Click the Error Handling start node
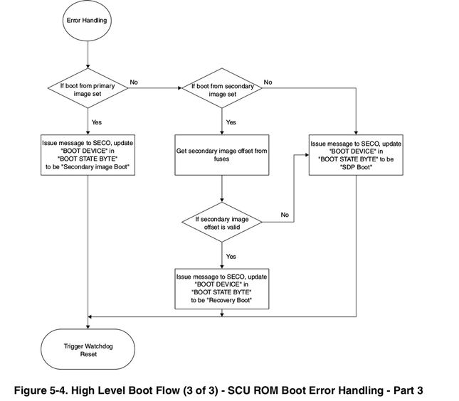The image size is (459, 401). (88, 21)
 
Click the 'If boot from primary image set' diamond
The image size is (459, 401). (88, 88)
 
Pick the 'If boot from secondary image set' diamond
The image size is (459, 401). (222, 88)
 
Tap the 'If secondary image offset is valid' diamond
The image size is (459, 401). (222, 223)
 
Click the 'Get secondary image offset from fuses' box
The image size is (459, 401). (222, 155)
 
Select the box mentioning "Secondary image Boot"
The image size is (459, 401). (88, 155)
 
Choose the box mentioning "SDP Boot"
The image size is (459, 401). (356, 155)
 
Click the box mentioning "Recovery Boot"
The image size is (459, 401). (222, 289)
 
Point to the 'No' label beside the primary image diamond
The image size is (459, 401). (134, 82)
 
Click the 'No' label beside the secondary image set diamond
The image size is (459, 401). (268, 82)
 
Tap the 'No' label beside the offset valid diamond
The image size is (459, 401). (284, 214)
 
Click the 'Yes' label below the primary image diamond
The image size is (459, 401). (97, 122)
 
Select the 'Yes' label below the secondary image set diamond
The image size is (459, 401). (231, 122)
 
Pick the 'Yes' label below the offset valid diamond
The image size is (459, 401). (231, 256)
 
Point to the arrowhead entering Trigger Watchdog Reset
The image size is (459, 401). (88, 326)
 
